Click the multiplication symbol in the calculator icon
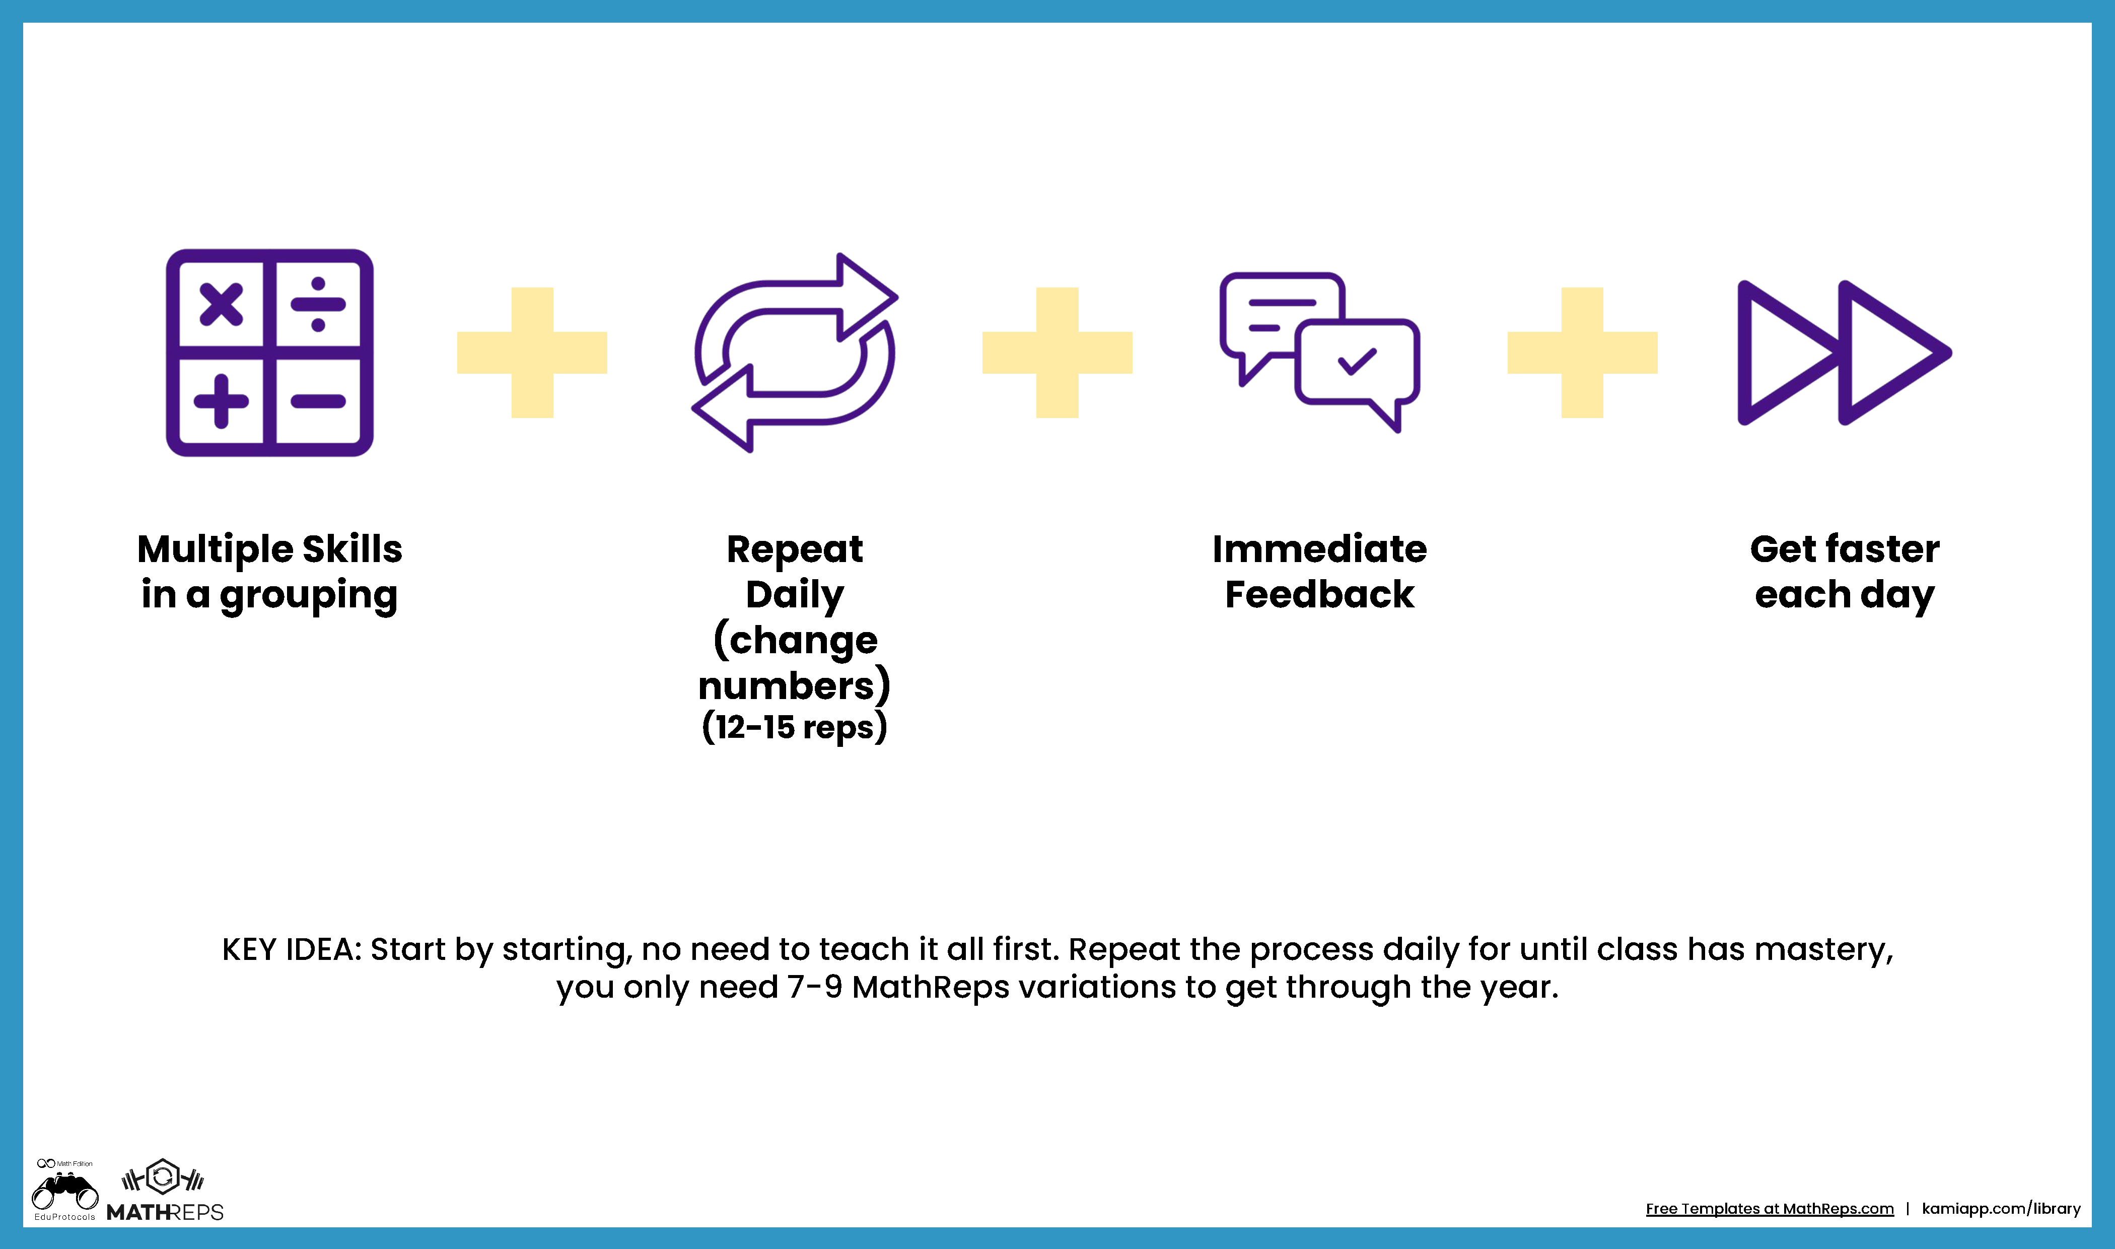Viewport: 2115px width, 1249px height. [221, 305]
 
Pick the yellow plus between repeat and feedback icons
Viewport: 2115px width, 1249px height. [1057, 353]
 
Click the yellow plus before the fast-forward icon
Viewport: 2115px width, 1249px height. [1582, 353]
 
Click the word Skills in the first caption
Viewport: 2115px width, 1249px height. [352, 549]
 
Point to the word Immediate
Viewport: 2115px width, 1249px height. [1320, 549]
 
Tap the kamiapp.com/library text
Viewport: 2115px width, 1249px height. [2001, 1209]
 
